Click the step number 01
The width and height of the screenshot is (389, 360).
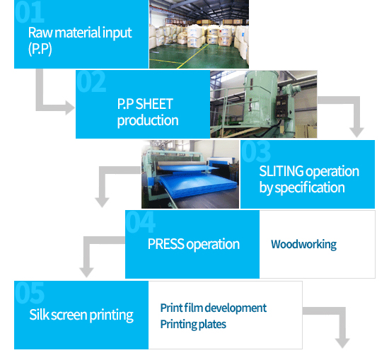point(29,11)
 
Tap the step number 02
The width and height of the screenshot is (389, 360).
point(91,81)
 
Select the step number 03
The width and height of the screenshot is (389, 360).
point(256,151)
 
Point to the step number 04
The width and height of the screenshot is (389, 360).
point(141,221)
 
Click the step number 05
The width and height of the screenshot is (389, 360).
point(29,293)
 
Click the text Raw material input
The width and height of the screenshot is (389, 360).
point(80,33)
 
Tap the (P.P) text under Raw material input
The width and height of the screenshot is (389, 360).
point(40,49)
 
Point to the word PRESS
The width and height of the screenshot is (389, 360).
point(166,244)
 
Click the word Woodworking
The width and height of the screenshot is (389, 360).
point(303,245)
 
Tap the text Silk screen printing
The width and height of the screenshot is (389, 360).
point(81,315)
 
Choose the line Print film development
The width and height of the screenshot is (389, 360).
point(214,308)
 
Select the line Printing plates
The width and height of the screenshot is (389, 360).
point(193,324)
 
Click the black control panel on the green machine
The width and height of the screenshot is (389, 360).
point(282,105)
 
